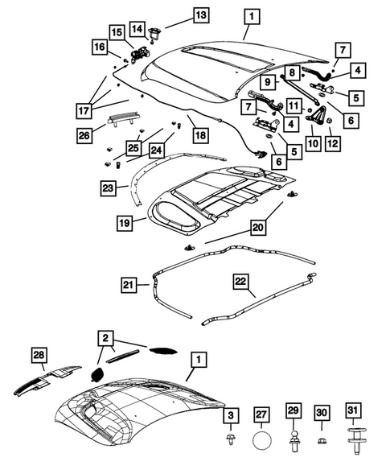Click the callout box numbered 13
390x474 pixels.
tap(198, 14)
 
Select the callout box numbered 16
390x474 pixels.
tap(100, 49)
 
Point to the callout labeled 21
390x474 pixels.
tap(129, 284)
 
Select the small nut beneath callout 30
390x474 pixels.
tap(323, 441)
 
